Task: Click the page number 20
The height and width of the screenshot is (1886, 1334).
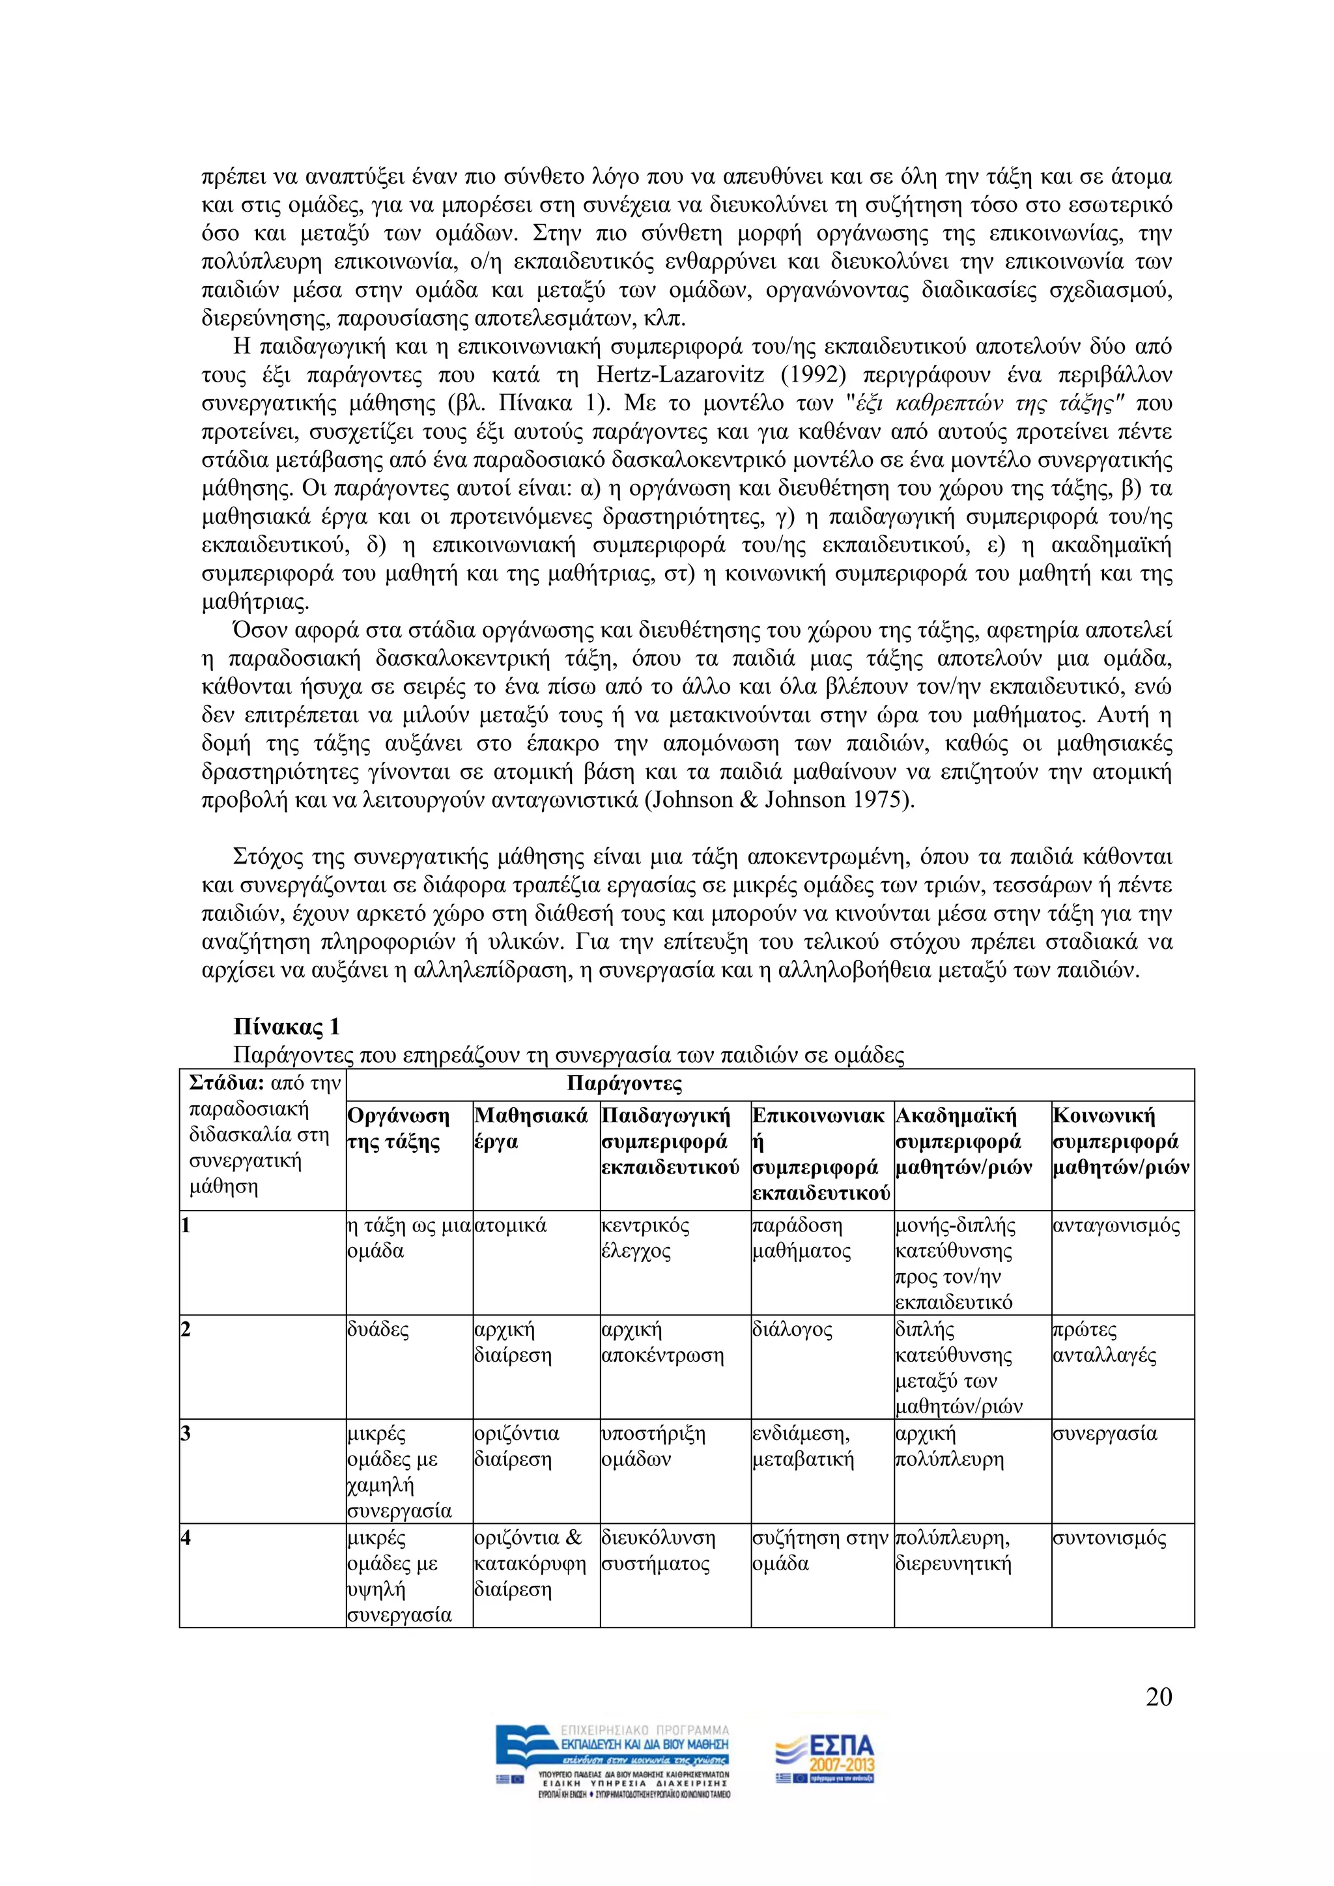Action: tap(1158, 1697)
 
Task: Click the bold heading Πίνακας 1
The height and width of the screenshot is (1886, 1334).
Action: tap(286, 1027)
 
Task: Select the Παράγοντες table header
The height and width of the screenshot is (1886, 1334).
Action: tap(624, 1084)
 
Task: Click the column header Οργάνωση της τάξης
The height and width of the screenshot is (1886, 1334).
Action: tap(399, 1129)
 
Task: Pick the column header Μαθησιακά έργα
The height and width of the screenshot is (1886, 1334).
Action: tap(531, 1129)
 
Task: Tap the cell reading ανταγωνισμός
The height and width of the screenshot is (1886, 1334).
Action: tap(1116, 1226)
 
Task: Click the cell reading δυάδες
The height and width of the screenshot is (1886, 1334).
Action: tap(378, 1330)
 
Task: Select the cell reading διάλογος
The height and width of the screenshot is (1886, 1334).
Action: tap(792, 1330)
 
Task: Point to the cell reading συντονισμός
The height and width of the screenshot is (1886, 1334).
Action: tap(1109, 1538)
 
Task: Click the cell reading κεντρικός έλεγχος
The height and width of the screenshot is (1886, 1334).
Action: tap(646, 1238)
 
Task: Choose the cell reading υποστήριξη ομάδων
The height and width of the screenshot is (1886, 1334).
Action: tap(654, 1446)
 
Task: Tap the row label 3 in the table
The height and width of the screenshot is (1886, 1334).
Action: tap(186, 1433)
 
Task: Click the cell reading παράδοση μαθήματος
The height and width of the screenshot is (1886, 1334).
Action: tap(801, 1238)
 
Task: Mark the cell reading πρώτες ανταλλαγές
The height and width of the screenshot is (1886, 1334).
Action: tap(1104, 1342)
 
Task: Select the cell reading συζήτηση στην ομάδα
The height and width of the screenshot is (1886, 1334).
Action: tap(820, 1550)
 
